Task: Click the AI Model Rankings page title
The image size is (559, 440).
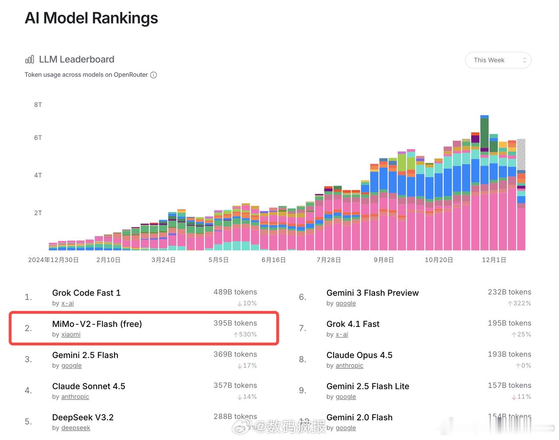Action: [x=91, y=18]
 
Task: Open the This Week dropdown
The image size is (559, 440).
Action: [x=498, y=60]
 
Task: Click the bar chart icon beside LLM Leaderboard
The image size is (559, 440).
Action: [x=29, y=59]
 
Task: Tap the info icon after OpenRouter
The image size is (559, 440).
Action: [x=154, y=75]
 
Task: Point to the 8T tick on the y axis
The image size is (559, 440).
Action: [x=38, y=105]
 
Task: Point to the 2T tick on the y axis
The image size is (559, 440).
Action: [x=38, y=213]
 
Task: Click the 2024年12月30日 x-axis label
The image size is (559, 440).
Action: [x=53, y=260]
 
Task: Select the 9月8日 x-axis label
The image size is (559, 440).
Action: [x=383, y=260]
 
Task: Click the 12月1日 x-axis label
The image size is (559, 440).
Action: [x=493, y=260]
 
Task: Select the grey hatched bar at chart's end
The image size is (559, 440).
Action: [x=521, y=154]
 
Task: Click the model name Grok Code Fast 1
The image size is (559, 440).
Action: [x=86, y=293]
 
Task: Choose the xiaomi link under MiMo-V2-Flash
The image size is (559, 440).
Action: [x=71, y=334]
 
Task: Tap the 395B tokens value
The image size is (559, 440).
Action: [x=235, y=323]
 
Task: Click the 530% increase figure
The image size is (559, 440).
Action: [x=248, y=335]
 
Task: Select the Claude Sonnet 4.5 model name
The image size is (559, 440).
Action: [x=89, y=386]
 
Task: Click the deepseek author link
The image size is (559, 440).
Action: [x=76, y=428]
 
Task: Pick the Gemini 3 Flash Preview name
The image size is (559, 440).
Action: [x=373, y=293]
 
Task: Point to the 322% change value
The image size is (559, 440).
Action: [x=522, y=303]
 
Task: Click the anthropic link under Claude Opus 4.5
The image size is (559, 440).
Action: [x=349, y=366]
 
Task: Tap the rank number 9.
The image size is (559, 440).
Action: [x=302, y=391]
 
